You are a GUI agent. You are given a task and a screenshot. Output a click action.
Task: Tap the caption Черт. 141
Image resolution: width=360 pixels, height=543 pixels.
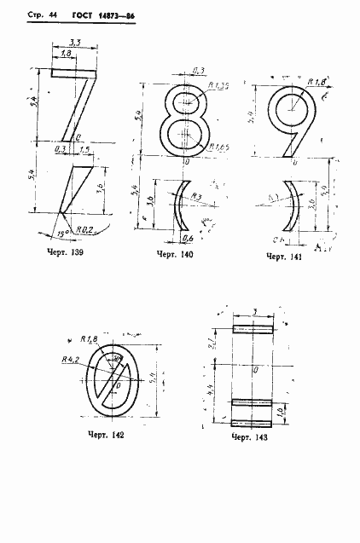[286, 256]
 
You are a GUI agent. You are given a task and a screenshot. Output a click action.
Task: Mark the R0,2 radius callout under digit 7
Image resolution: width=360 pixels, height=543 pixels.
[84, 229]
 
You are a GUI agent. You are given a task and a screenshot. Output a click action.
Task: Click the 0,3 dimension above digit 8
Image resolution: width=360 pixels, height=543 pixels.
[198, 71]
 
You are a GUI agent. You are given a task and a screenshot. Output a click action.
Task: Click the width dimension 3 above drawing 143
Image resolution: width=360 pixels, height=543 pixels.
[254, 313]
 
